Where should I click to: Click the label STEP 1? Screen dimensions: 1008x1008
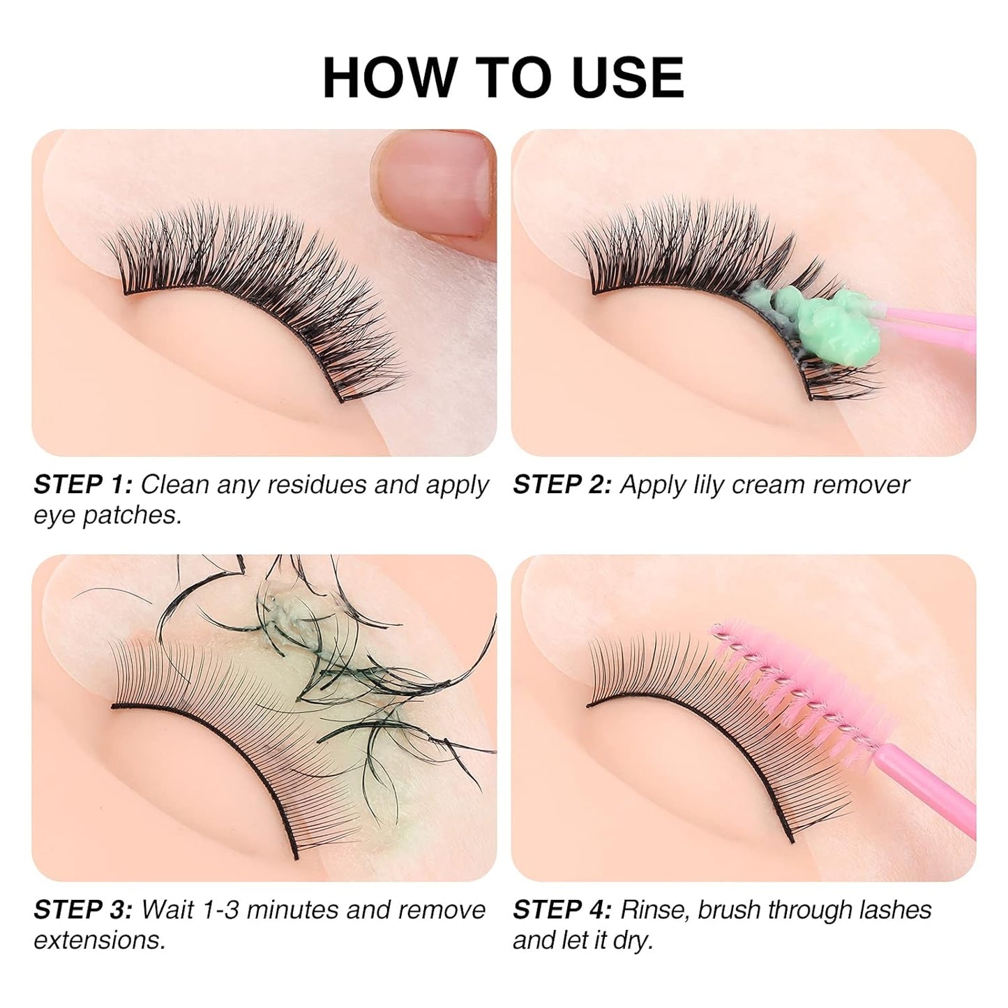click(82, 485)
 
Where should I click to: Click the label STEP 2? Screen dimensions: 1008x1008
click(562, 485)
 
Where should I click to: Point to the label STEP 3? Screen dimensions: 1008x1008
click(82, 910)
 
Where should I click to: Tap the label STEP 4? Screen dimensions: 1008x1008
click(562, 910)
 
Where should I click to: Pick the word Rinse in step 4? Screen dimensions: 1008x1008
click(654, 910)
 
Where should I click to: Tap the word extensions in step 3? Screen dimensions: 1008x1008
click(99, 940)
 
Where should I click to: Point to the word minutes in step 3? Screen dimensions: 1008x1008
click(292, 910)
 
